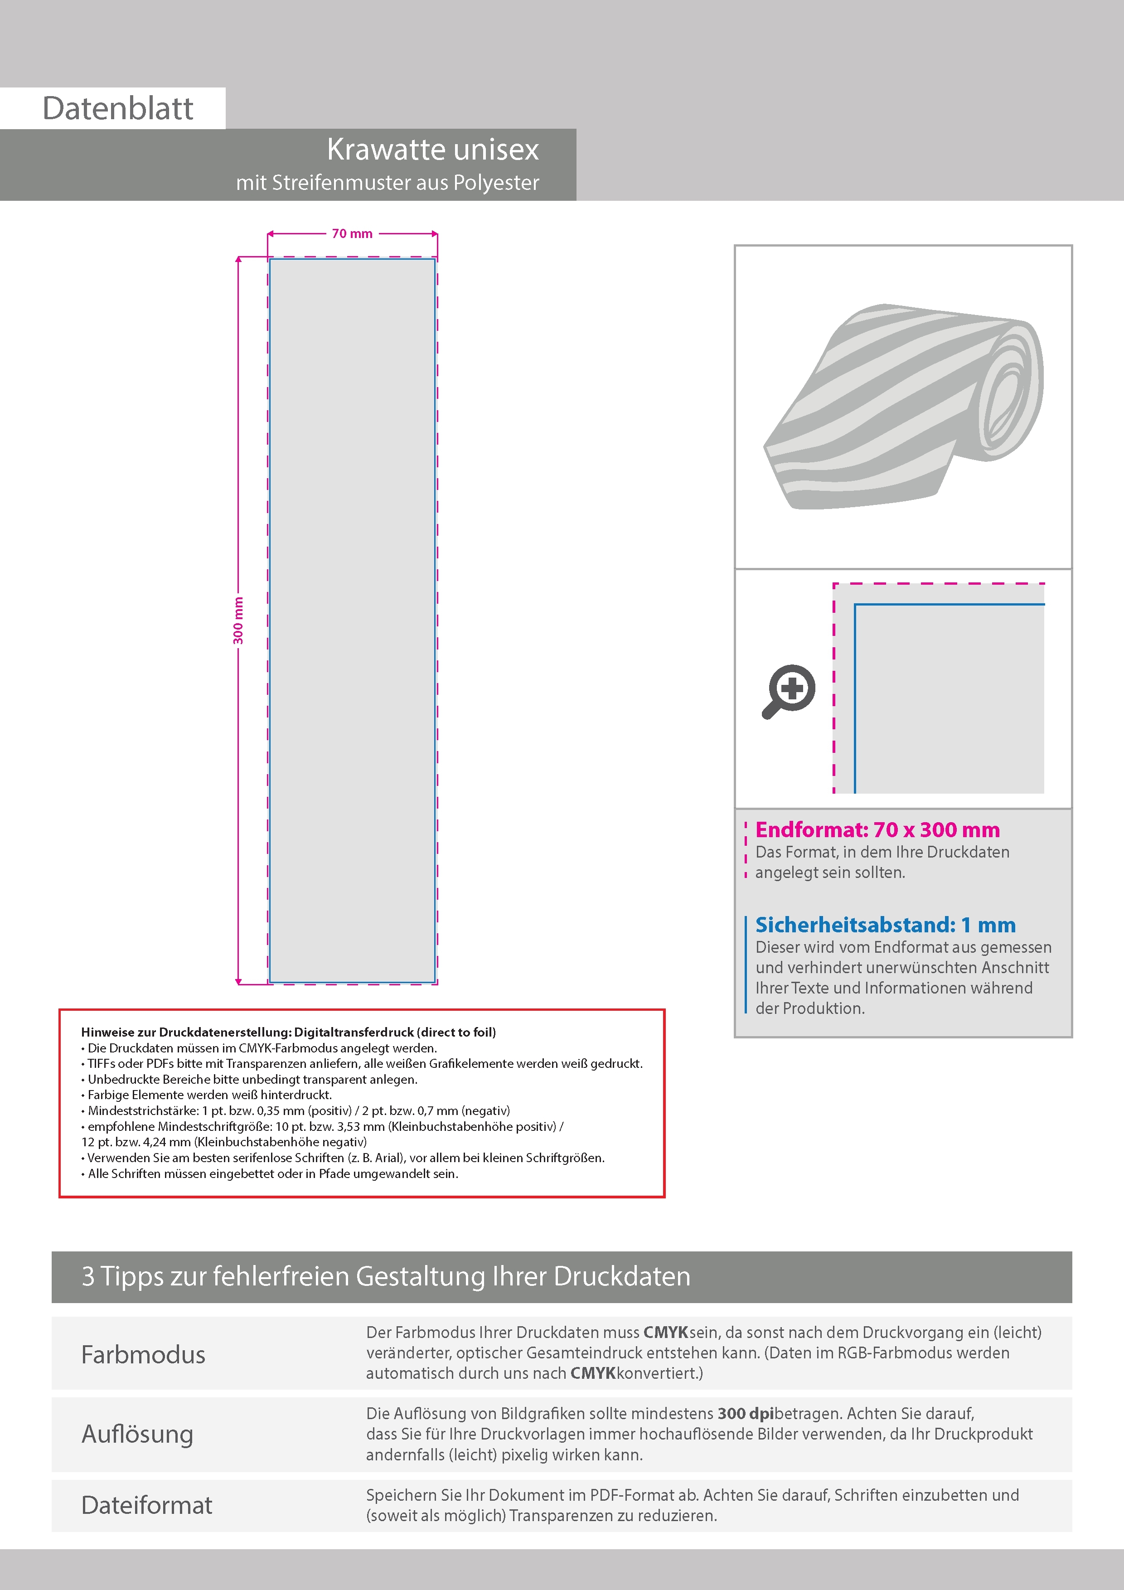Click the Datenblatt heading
click(118, 109)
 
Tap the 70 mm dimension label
click(352, 234)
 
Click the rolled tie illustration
click(903, 408)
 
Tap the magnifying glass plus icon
click(789, 691)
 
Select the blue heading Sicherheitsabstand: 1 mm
click(885, 925)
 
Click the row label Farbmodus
click(143, 1355)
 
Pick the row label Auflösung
click(137, 1434)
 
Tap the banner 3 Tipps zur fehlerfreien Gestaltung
click(386, 1276)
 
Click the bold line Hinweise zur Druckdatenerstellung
click(288, 1032)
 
